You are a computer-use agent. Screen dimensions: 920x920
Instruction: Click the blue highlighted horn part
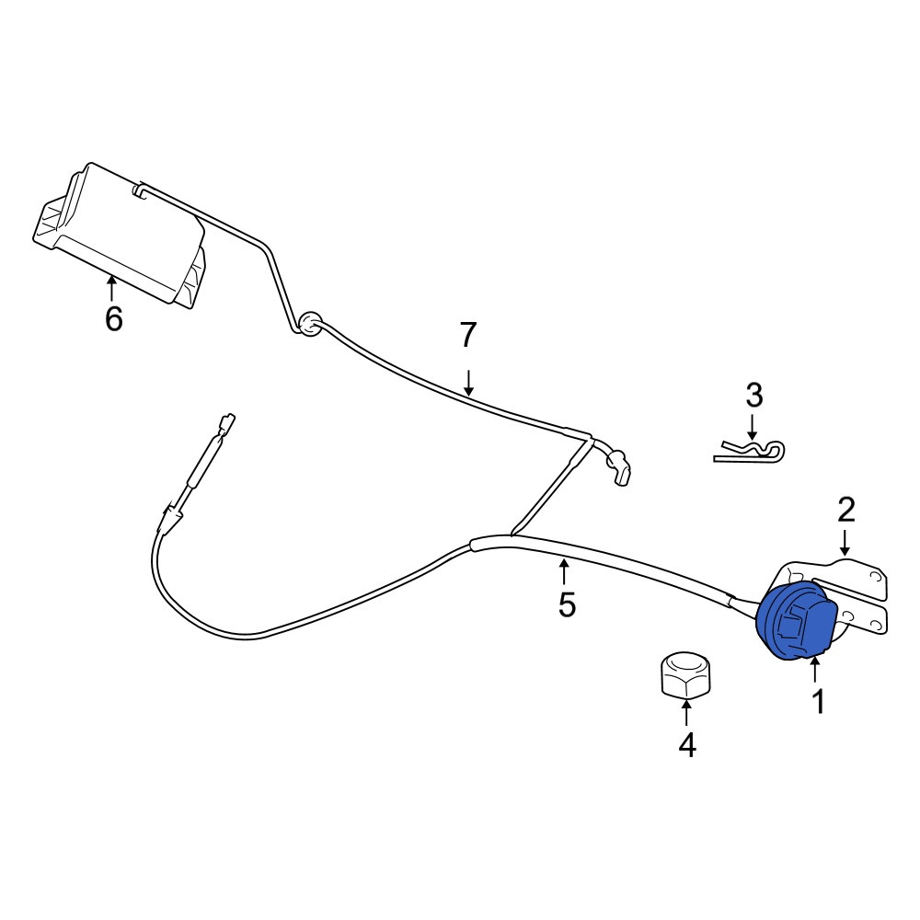click(797, 623)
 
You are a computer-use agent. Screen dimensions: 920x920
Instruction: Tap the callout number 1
click(819, 701)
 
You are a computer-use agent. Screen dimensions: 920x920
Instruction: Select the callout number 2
click(845, 510)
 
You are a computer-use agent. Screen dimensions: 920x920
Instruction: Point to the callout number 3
click(754, 395)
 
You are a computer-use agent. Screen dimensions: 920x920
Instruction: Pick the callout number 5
click(567, 604)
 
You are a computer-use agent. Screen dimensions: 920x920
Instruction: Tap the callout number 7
click(467, 336)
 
